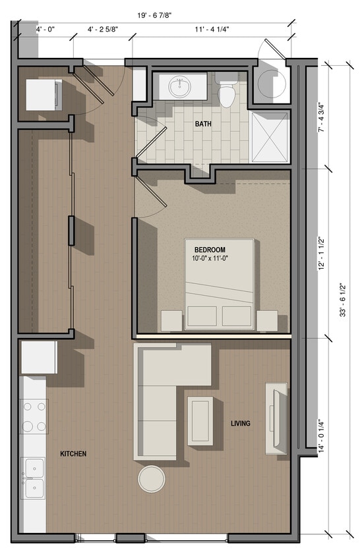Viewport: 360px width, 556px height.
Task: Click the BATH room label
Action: click(x=202, y=124)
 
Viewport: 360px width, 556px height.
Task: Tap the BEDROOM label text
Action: click(x=210, y=250)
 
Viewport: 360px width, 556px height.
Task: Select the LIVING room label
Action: click(x=240, y=423)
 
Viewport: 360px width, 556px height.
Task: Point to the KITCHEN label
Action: click(x=73, y=454)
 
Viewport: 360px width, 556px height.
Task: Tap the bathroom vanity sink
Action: click(x=178, y=86)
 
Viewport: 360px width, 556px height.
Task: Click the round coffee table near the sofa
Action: click(x=152, y=479)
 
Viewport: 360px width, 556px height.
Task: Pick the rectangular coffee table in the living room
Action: click(x=200, y=420)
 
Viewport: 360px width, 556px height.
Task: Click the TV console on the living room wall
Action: click(x=276, y=418)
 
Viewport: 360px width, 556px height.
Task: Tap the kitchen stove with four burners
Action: click(x=34, y=416)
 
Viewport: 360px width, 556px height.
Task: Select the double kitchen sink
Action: click(x=33, y=478)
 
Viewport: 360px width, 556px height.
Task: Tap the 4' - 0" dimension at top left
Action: click(x=45, y=30)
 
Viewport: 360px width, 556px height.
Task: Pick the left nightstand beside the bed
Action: click(x=171, y=321)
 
